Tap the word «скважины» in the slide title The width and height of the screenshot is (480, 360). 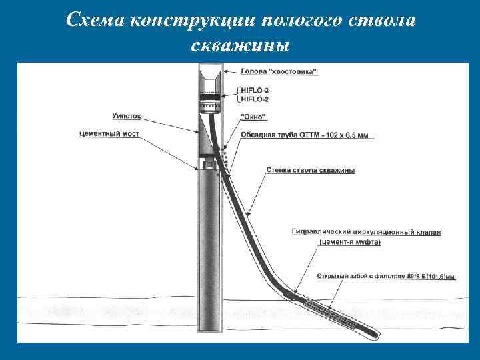239,45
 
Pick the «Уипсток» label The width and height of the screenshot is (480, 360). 126,116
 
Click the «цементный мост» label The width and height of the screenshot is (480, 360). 109,133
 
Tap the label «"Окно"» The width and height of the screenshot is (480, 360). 253,117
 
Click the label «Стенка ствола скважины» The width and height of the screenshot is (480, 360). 310,170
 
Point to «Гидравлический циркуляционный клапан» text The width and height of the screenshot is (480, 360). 366,232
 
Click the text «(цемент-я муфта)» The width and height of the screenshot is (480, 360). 349,242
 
